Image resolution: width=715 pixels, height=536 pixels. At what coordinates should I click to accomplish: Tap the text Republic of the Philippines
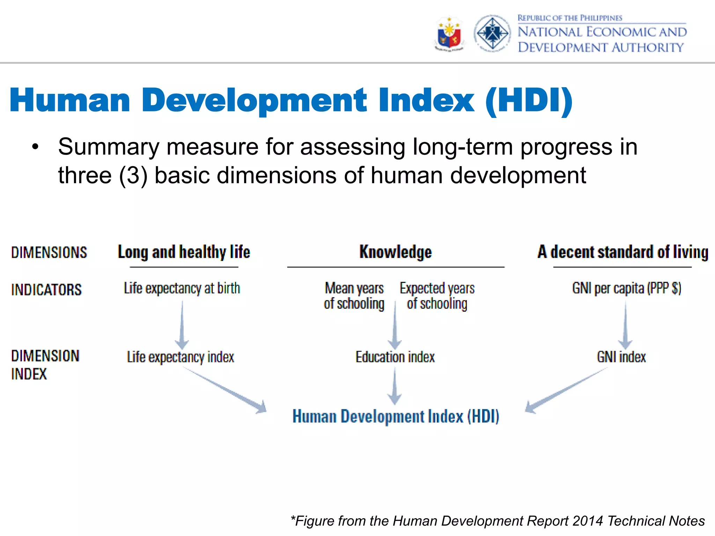pos(569,18)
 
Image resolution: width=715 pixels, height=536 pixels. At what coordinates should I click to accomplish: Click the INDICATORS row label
pos(46,290)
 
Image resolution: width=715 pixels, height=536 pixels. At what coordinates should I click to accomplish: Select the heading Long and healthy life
pos(184,252)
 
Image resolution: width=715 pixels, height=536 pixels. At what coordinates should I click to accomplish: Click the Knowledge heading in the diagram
pos(396,252)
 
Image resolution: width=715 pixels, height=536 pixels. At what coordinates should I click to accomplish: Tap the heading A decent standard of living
pos(623,252)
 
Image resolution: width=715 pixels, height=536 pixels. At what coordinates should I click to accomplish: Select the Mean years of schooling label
pos(354,296)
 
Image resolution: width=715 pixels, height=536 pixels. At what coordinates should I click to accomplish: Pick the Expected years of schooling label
pos(437,296)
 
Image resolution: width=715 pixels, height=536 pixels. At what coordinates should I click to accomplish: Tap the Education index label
pos(395,357)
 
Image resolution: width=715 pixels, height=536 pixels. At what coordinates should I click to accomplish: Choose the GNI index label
pos(621,357)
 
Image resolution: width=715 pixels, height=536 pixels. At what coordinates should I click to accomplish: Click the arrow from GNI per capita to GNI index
pos(625,325)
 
